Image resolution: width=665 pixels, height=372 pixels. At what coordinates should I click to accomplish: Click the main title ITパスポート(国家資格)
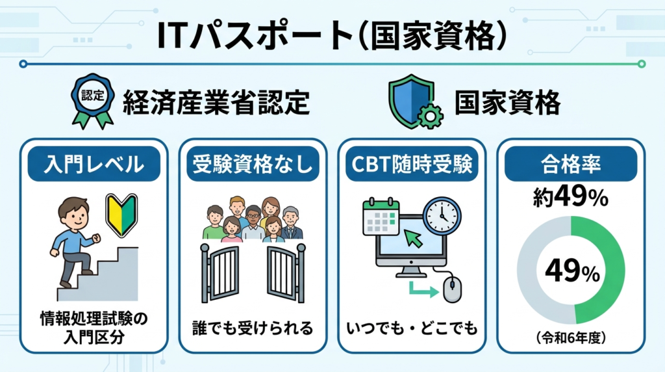[x=332, y=36]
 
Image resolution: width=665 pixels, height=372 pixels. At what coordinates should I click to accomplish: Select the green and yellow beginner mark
[x=121, y=210]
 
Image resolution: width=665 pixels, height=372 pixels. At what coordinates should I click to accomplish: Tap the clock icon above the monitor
[x=441, y=215]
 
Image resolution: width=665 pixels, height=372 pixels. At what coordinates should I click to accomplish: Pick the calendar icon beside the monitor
[x=381, y=217]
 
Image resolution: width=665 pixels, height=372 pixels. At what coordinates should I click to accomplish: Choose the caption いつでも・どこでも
[x=412, y=327]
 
